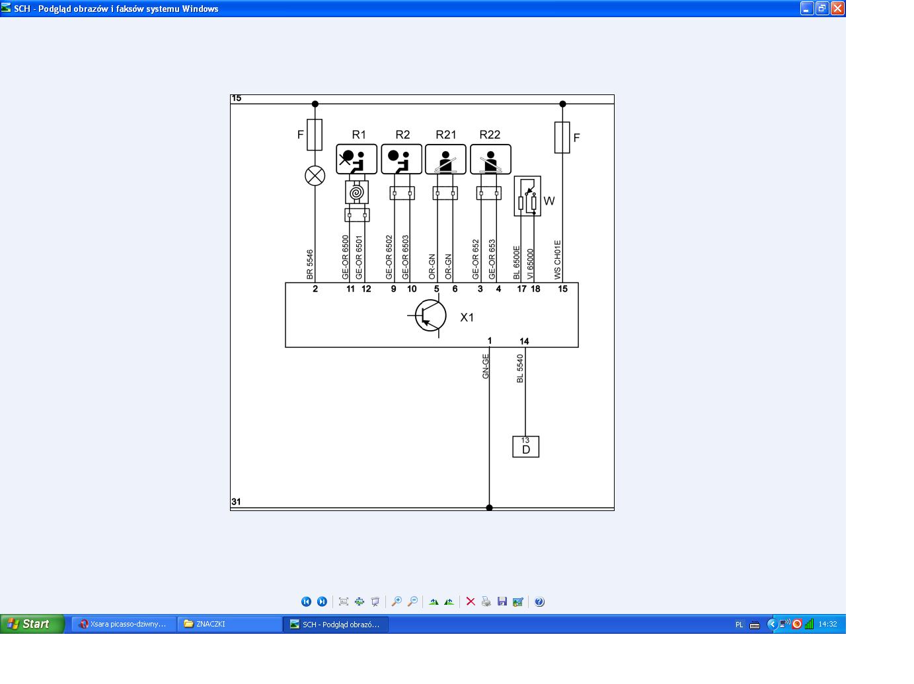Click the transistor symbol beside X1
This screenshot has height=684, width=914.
430,316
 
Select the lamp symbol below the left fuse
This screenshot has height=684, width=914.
315,176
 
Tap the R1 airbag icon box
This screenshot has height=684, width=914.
356,159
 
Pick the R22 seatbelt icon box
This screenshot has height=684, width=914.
490,159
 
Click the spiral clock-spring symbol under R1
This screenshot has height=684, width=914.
357,193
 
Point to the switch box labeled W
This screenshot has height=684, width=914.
527,196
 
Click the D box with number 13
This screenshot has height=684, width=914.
525,446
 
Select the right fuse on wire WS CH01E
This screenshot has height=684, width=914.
562,137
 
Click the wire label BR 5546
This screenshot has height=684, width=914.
309,265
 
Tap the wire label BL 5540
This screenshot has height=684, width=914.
519,368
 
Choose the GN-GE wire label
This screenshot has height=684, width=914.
485,366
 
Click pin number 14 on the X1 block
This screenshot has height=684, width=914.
524,341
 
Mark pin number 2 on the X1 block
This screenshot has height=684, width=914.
315,289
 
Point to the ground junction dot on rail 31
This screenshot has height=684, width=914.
489,508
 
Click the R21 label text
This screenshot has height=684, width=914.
446,135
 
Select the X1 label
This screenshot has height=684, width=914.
467,318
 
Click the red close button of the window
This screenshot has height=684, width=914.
837,9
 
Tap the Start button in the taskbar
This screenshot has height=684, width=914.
32,624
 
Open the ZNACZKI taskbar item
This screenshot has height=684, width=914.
229,624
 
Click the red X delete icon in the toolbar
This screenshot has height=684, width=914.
471,601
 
